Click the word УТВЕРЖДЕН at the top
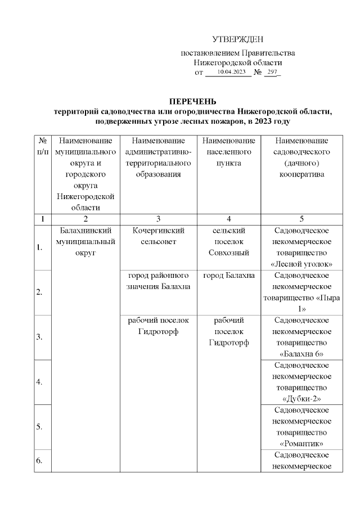tap(237, 39)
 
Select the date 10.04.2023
tap(231, 73)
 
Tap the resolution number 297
tap(272, 73)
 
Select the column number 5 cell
tap(302, 218)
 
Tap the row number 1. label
tap(40, 247)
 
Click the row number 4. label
tap(40, 382)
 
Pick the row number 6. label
tap(40, 461)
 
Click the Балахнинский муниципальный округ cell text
tap(85, 241)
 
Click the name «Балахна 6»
tap(302, 354)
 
